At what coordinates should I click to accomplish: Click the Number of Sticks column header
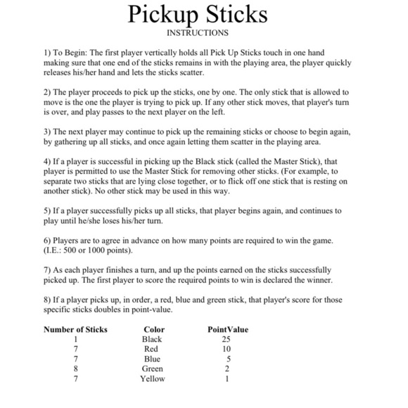pyautogui.click(x=75, y=329)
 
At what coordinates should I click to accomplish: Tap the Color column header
pyautogui.click(x=153, y=329)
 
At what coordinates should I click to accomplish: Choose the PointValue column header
pyautogui.click(x=228, y=329)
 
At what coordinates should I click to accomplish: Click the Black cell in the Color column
pyautogui.click(x=152, y=339)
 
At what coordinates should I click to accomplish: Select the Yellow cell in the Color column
pyautogui.click(x=152, y=378)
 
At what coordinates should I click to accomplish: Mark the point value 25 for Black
pyautogui.click(x=226, y=339)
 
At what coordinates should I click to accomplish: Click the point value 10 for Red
pyautogui.click(x=226, y=349)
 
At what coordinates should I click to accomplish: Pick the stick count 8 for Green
pyautogui.click(x=75, y=369)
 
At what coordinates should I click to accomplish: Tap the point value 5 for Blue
pyautogui.click(x=229, y=359)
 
